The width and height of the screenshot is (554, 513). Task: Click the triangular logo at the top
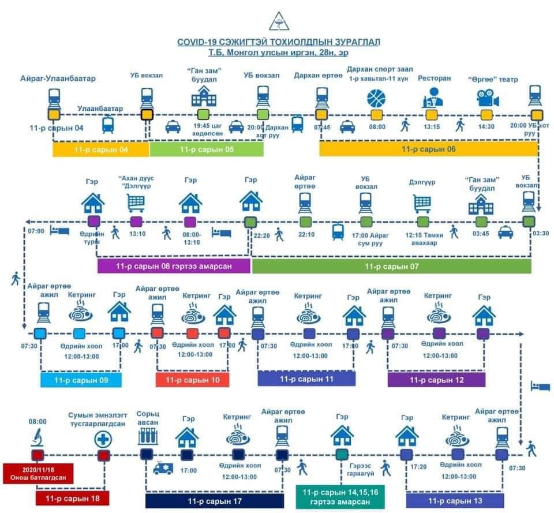[x=278, y=21]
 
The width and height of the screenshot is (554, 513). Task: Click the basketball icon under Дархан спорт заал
[x=376, y=98]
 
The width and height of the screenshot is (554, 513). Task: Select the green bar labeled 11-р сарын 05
[x=206, y=149]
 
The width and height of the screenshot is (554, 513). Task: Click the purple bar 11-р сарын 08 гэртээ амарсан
[x=174, y=266]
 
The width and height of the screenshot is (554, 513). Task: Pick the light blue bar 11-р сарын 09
[x=81, y=380]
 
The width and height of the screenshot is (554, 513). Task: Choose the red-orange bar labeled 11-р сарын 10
[x=192, y=380]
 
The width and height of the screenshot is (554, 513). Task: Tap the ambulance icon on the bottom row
[x=163, y=468]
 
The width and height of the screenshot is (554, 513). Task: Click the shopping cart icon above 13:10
[x=136, y=202]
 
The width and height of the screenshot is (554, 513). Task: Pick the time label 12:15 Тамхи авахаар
[x=424, y=239]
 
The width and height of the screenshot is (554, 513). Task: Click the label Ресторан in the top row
[x=435, y=78]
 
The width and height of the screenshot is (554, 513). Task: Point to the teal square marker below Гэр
[x=342, y=454]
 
